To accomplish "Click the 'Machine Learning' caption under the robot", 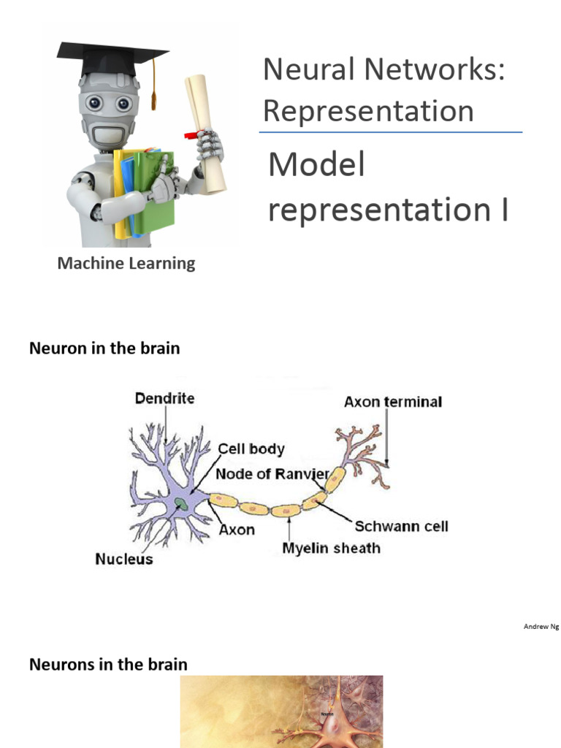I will click(126, 264).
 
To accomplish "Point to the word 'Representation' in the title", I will click(368, 111).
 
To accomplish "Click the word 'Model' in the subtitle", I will click(316, 165).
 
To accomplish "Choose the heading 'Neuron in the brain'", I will click(104, 348).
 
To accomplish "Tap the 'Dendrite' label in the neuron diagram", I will click(165, 399).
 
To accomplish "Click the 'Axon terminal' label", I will click(393, 402).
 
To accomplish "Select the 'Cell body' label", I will click(252, 449).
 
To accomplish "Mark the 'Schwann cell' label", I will click(401, 526).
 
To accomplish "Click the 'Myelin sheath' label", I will click(331, 547).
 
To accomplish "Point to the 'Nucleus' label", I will click(124, 560).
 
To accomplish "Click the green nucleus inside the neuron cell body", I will click(180, 503).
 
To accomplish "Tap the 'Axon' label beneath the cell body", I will click(237, 529).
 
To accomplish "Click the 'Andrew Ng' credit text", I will click(541, 627).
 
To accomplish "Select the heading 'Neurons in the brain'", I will click(108, 665).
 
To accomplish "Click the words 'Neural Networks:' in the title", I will click(384, 70).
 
